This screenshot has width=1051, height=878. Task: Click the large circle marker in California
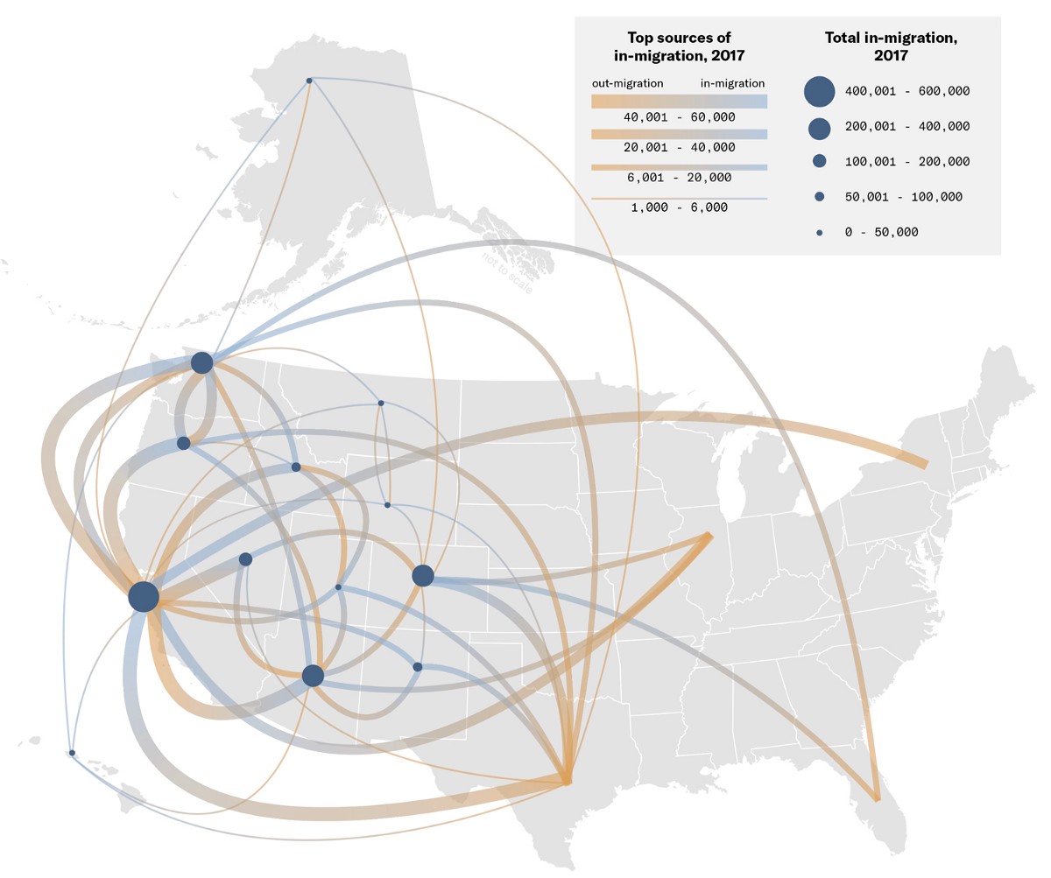[x=144, y=596]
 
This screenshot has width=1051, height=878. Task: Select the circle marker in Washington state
[x=201, y=362]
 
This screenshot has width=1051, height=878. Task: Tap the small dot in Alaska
[x=309, y=81]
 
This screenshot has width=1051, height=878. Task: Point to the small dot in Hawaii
[x=72, y=753]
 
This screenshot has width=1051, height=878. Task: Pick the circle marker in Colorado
[x=422, y=575]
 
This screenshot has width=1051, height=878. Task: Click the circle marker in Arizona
[x=313, y=676]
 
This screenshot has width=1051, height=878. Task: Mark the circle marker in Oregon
[x=183, y=443]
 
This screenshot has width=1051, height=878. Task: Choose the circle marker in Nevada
[x=245, y=559]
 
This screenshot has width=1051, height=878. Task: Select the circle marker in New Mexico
[x=418, y=667]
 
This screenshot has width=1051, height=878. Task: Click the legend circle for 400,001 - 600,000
[x=819, y=91]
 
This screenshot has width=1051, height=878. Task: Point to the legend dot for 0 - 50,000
[x=819, y=233]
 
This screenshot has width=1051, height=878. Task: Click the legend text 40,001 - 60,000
[x=679, y=116]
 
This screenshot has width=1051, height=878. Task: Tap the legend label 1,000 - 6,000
[x=679, y=207]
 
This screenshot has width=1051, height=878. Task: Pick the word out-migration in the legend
[x=627, y=83]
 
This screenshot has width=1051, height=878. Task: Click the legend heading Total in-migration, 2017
[x=891, y=46]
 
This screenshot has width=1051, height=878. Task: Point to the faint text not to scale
[x=507, y=272]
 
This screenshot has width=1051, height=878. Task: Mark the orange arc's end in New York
[x=924, y=464]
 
